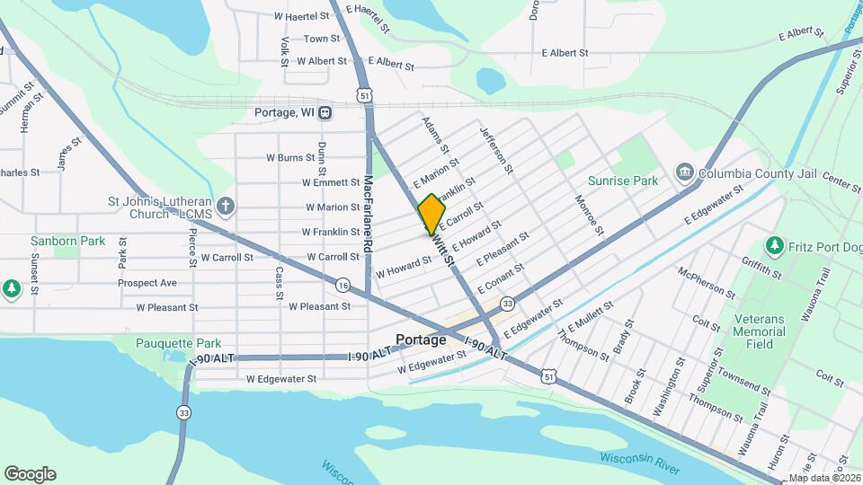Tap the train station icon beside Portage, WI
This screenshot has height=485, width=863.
pos(325,112)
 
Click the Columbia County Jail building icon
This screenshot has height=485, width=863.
pos(684,172)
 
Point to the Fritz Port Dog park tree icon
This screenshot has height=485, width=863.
pos(773,245)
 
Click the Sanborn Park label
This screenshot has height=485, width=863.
pos(67,241)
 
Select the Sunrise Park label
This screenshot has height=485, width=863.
pos(623,181)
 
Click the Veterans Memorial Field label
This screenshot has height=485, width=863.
pos(759,331)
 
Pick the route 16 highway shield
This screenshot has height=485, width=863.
pos(343,285)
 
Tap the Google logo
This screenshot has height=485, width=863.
pos(30,474)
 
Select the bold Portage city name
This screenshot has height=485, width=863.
pos(421,340)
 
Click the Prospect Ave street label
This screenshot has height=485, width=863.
pos(147,283)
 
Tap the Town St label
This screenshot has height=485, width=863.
pos(321,39)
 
